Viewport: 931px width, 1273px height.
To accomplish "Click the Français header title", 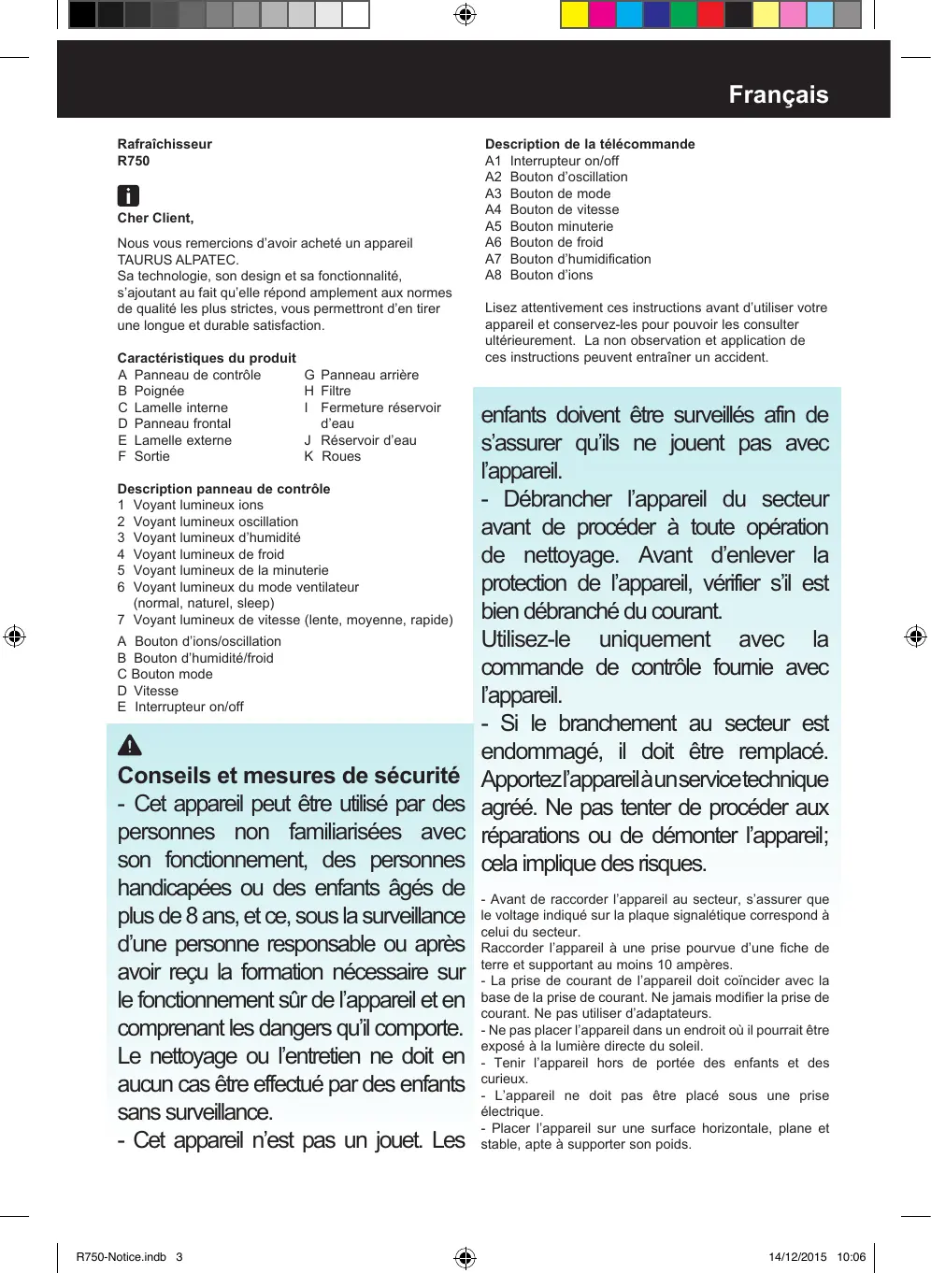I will [778, 94].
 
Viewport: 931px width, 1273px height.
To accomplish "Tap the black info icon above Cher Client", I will [128, 195].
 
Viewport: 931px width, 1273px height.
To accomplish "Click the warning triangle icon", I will [130, 745].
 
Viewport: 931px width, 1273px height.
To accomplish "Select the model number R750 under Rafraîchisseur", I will [134, 161].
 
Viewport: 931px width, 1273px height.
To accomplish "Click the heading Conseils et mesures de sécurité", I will [289, 776].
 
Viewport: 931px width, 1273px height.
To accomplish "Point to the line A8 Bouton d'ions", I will [538, 275].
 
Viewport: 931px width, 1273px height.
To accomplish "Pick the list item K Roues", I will [333, 456].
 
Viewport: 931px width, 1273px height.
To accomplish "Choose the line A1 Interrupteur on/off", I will [551, 161].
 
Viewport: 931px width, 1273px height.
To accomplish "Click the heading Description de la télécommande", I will [590, 144].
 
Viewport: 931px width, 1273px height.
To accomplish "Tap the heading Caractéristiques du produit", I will [207, 358].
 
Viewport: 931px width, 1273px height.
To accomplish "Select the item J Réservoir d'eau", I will [361, 440].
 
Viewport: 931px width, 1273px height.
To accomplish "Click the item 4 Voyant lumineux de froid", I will [201, 554].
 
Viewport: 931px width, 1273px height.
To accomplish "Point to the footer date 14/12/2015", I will [797, 1257].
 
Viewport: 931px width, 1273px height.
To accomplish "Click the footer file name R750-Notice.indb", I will [121, 1257].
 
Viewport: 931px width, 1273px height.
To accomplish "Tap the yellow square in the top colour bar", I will [574, 15].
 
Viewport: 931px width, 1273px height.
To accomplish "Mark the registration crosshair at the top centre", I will [465, 15].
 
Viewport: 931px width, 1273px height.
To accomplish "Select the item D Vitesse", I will [148, 691].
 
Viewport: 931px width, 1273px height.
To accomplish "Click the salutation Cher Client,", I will [155, 218].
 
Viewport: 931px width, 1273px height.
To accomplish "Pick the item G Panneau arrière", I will [362, 375].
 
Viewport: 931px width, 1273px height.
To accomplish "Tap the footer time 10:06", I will [851, 1257].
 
